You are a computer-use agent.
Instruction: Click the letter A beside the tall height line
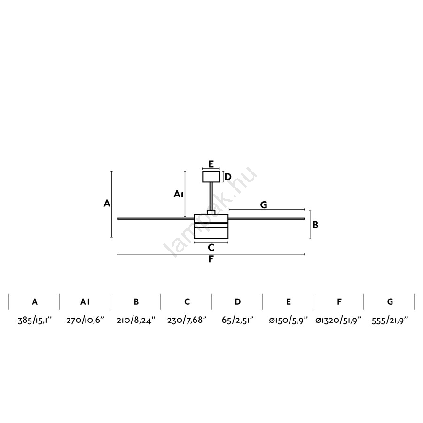[x=107, y=203]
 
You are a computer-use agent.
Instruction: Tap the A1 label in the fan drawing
[x=179, y=194]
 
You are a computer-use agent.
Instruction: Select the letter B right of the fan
[x=315, y=225]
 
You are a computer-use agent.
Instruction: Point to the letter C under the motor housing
[x=211, y=247]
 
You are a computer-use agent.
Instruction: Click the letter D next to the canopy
[x=228, y=177]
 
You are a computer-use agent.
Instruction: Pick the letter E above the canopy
[x=211, y=164]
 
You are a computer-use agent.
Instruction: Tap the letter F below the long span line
[x=211, y=259]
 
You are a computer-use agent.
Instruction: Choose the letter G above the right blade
[x=264, y=205]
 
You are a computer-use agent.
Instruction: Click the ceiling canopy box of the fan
[x=211, y=177]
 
